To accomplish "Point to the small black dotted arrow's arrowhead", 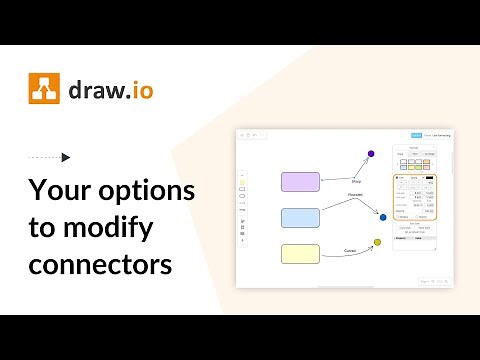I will [66, 157].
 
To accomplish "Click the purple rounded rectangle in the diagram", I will [300, 182].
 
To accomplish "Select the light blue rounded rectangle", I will [300, 217].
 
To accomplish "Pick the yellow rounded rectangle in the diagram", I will [300, 253].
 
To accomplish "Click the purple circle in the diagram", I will [371, 154].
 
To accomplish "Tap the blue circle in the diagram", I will [383, 216].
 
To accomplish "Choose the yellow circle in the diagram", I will [377, 242].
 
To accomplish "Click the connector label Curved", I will [350, 251].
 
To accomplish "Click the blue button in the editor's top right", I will [417, 135].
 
